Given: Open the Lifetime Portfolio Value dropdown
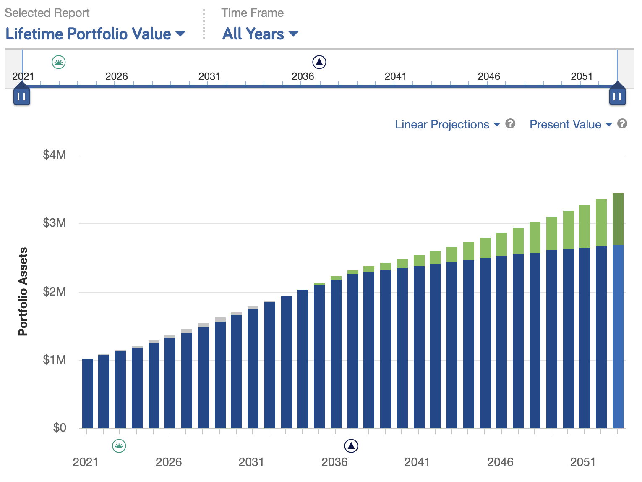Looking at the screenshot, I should pos(95,34).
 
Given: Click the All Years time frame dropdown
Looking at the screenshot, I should pos(260,34).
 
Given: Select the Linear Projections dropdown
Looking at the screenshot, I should pos(447,124).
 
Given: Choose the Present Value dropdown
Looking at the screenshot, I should pos(570,124).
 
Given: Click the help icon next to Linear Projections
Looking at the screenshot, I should pos(510,123).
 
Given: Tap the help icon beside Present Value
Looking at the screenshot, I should pos(623,123).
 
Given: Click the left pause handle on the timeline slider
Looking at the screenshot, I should pos(22,96).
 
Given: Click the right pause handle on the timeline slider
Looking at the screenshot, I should pos(617,96).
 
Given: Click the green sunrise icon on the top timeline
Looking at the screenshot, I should pos(59,63).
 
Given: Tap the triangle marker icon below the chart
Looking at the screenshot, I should pos(351,445).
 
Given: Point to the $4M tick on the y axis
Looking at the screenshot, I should pos(55,155).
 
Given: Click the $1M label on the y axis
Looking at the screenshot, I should pos(55,360).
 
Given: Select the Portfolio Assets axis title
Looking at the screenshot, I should pos(23,292).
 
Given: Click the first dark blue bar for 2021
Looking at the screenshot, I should pos(88,393).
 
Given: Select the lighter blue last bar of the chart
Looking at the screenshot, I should pos(618,336).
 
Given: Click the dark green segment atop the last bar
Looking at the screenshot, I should pos(618,218).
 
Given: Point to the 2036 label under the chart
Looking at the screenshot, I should pos(334,462).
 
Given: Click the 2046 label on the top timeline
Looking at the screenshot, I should pos(489,76).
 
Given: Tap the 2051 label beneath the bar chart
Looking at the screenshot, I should pos(583,462).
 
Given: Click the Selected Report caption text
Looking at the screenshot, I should pos(47,13).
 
